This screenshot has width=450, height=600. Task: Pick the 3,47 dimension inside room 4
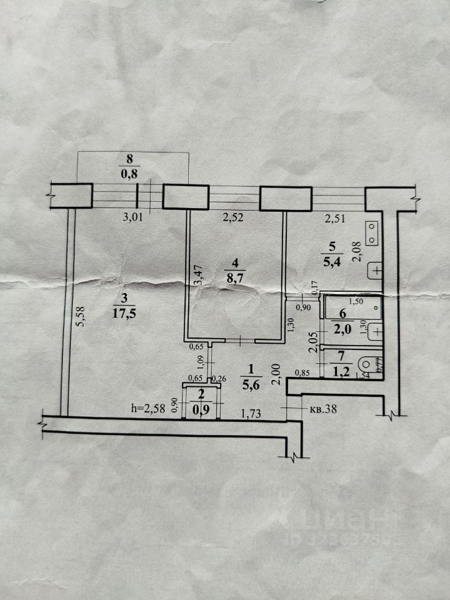click(x=199, y=276)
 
